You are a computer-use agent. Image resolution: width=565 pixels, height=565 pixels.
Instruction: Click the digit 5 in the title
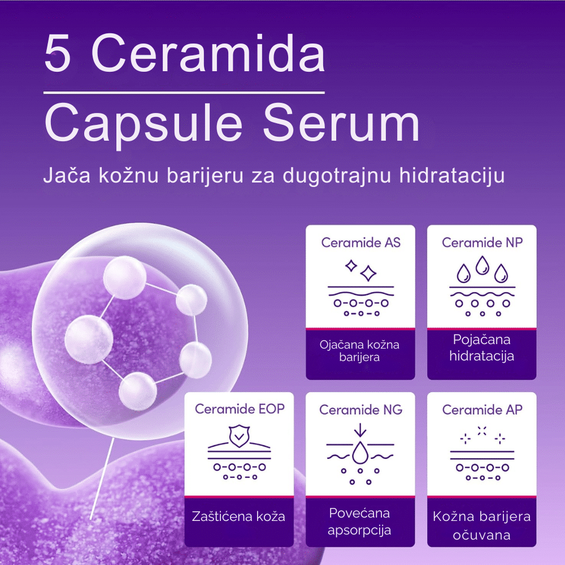pos(57,53)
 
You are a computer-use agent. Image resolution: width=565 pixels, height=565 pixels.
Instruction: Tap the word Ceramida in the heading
pos(208,52)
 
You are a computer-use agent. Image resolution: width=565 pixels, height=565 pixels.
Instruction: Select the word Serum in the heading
pos(341,123)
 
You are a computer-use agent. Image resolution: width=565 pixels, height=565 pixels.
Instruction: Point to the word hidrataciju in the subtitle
pos(452,176)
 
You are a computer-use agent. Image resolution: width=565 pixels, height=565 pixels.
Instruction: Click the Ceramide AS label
pos(360,242)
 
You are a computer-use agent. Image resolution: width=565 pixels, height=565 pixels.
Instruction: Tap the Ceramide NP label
pos(482,242)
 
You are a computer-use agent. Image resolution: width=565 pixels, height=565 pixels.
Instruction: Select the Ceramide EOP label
pos(240,409)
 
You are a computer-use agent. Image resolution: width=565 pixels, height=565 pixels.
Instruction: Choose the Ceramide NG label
pos(360,410)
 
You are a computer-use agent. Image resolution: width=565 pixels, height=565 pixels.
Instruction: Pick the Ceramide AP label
pos(482,410)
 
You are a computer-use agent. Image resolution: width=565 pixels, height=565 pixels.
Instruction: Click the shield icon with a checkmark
pos(239,436)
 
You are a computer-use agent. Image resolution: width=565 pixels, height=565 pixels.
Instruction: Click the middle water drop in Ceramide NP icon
pos(482,265)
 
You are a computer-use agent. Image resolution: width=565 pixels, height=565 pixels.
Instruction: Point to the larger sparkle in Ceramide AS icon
pos(368,273)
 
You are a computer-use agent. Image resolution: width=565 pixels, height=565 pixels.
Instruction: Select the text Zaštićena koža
pos(238,516)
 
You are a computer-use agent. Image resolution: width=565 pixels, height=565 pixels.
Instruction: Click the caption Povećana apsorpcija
pos(359,521)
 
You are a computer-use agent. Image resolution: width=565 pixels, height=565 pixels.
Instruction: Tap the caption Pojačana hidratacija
pos(482,347)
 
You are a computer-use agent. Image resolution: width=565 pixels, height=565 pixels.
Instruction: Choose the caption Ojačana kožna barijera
pos(359,351)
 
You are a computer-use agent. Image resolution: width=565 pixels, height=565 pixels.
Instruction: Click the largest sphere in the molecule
pos(89,339)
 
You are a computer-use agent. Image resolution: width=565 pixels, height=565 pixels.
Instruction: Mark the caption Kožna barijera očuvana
pos(482,525)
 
